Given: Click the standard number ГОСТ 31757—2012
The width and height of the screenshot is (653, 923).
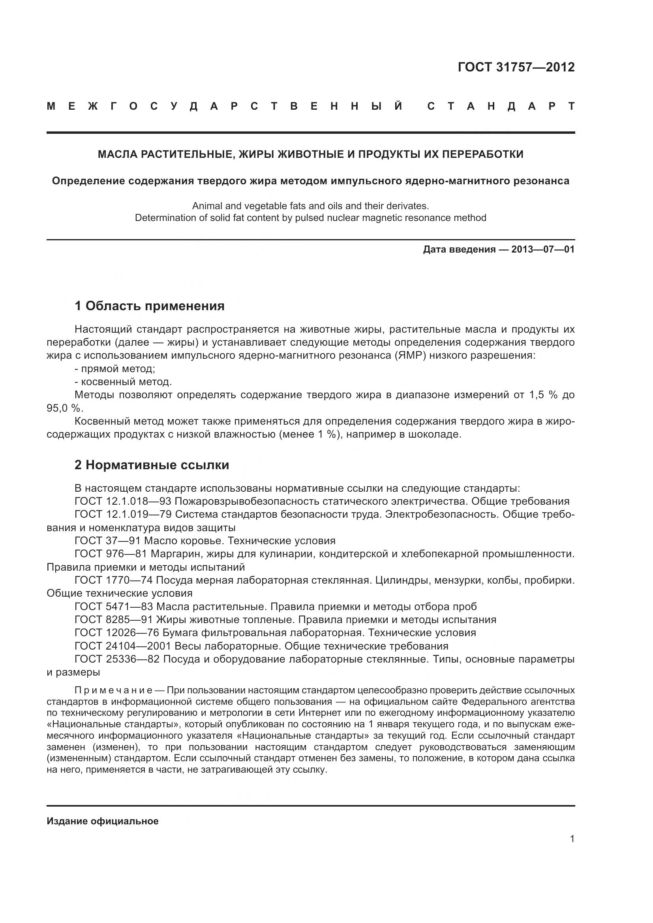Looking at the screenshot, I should click(x=516, y=67).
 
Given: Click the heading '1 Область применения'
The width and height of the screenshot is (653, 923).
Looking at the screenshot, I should click(x=149, y=306).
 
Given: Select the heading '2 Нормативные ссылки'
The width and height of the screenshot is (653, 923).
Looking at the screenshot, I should click(x=152, y=465).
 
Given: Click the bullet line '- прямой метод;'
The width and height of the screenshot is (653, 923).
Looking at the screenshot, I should click(x=114, y=369).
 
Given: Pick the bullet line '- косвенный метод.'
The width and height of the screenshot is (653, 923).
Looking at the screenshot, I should click(x=123, y=382).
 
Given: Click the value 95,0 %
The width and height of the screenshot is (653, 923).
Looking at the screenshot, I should click(x=64, y=408).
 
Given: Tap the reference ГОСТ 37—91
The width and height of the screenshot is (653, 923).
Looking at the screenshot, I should click(x=107, y=541).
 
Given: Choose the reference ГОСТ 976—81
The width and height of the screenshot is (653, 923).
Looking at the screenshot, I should click(x=111, y=554).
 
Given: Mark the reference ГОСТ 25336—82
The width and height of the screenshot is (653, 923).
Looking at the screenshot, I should click(x=117, y=659).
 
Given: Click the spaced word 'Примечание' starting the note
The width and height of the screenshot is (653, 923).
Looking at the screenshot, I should click(x=113, y=691).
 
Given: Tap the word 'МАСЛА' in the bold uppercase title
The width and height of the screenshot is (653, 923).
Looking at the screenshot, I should click(x=116, y=154).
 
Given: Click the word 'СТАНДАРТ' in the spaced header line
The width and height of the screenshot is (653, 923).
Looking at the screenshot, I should click(x=500, y=107).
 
